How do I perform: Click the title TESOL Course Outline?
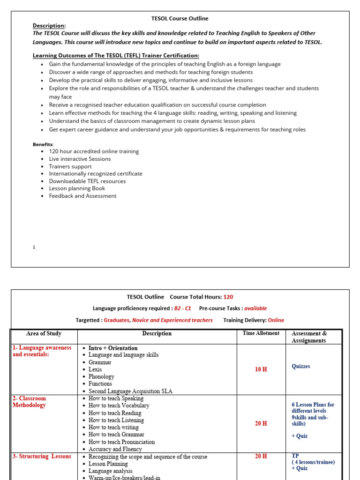180,18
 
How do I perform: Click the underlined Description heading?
49,25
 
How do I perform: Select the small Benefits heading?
43,144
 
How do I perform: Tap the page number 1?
34,247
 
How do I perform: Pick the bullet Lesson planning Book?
77,188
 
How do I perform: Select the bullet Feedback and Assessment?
82,196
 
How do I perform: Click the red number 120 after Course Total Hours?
228,297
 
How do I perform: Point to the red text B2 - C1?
183,308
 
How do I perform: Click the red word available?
255,308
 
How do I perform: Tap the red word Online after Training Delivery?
276,320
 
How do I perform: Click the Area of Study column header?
44,334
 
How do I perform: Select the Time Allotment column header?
261,333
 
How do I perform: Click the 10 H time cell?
261,369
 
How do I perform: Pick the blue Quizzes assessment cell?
301,366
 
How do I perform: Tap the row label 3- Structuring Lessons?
42,456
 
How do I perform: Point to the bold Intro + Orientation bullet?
113,348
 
